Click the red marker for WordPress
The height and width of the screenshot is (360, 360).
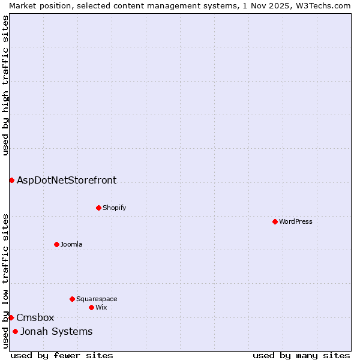click(275, 221)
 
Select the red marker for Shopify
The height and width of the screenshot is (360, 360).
click(98, 208)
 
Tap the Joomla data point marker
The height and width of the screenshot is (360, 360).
click(56, 244)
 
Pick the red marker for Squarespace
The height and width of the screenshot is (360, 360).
click(72, 299)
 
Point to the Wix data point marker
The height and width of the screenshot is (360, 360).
click(91, 307)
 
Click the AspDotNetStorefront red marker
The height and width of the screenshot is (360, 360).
click(11, 180)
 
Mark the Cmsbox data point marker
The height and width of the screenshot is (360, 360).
click(11, 317)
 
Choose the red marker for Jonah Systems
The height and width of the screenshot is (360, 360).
click(15, 331)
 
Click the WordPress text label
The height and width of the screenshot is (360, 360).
click(296, 221)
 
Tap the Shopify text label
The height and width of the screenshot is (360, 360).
click(114, 208)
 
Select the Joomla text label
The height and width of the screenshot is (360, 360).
click(71, 244)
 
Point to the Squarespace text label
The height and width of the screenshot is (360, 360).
click(97, 299)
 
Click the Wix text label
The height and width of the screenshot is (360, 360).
click(101, 307)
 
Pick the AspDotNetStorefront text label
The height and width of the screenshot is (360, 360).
click(67, 180)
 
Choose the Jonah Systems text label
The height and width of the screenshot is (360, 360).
click(56, 331)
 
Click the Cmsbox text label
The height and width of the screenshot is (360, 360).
click(35, 317)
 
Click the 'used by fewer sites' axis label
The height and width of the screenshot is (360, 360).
click(62, 355)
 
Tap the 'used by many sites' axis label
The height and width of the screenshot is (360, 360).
click(301, 355)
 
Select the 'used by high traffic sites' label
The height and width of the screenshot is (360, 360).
click(5, 85)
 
